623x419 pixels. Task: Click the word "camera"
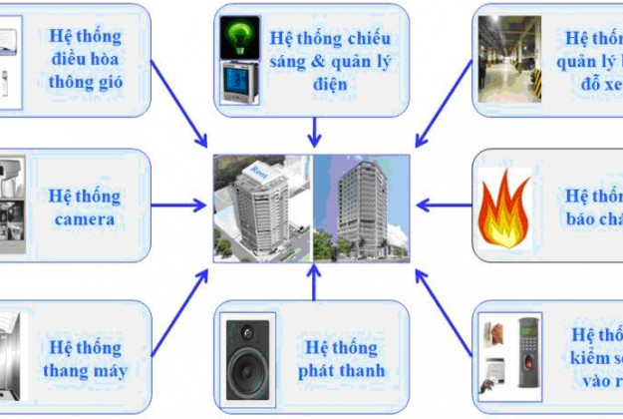[x=85, y=218]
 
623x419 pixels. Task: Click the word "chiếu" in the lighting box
[x=367, y=39]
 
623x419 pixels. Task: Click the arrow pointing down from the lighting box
[x=314, y=130]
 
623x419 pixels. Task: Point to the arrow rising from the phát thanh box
[x=314, y=284]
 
